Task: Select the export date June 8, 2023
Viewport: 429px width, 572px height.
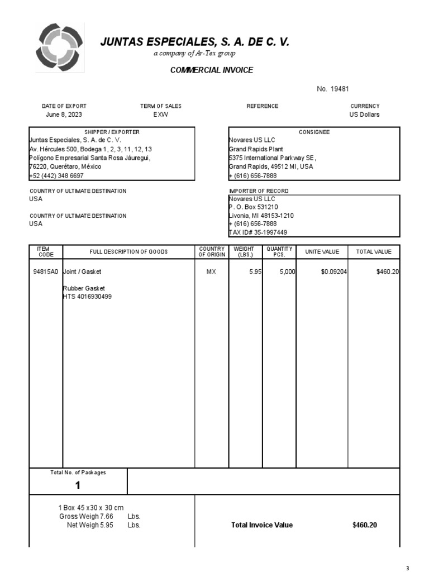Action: click(64, 115)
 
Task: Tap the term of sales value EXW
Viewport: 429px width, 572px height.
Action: click(160, 115)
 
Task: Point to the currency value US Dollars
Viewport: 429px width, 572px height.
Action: click(364, 115)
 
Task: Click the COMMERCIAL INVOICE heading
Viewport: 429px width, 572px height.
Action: click(211, 70)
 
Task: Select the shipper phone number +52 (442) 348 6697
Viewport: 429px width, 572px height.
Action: click(56, 175)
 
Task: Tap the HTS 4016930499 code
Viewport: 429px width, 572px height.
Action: click(87, 297)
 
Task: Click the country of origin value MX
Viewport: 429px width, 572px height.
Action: click(211, 272)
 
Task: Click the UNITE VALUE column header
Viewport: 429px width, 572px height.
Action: click(322, 252)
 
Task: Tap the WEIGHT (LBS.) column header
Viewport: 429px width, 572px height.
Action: click(244, 252)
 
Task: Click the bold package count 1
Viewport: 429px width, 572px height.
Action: click(78, 485)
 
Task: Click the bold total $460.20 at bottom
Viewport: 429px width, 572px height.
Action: click(365, 525)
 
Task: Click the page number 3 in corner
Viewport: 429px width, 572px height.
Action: click(407, 568)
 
